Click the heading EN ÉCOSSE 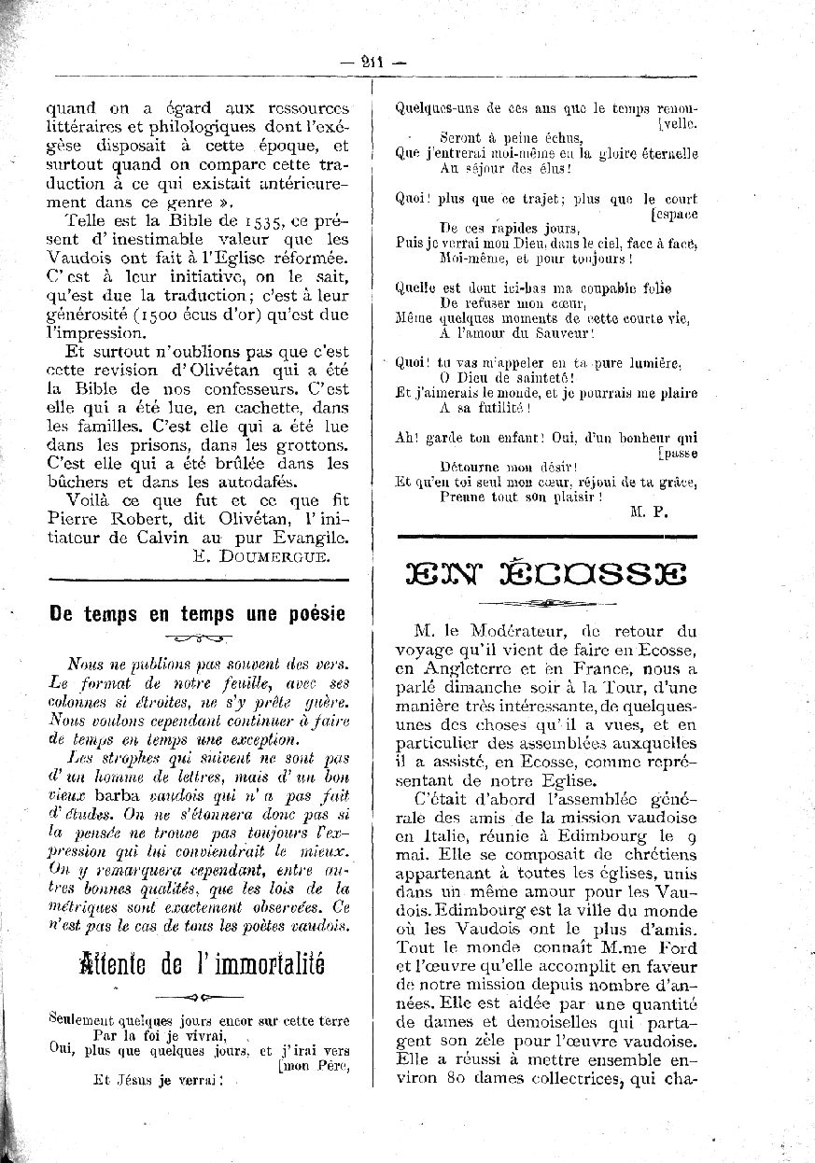coord(547,572)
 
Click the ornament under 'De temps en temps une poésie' coord(198,638)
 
